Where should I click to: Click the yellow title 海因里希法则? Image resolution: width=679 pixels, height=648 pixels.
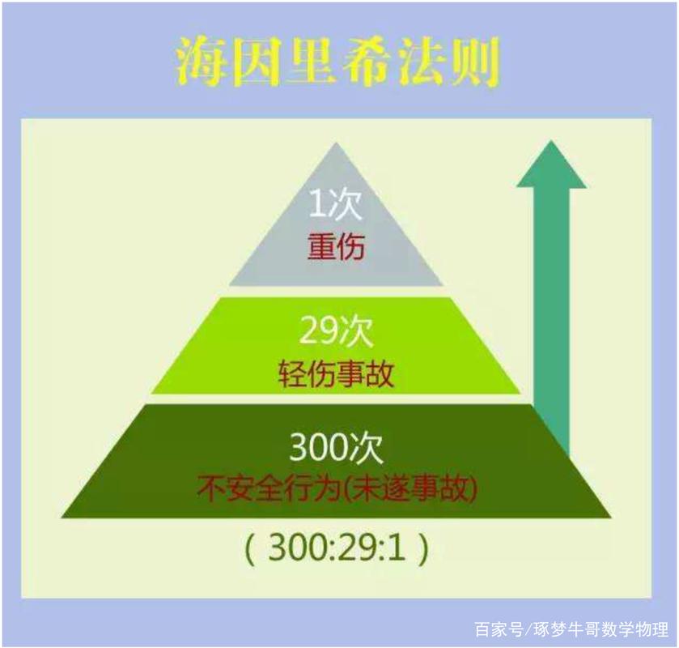coord(338,62)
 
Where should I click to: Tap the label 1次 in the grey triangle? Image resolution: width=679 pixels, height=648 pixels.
coord(335,204)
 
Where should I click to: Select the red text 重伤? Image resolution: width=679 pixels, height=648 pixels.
coord(336,247)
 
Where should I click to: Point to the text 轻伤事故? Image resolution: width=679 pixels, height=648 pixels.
coord(336,373)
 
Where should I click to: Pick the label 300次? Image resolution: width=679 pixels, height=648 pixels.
coord(336,448)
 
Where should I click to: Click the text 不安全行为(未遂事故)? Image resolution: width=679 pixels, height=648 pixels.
coord(337,489)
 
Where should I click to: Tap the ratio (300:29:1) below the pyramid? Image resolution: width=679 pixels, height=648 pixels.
coord(337,548)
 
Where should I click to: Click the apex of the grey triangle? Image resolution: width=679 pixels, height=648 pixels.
coord(336,143)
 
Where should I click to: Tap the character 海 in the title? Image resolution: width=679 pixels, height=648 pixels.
coord(202,62)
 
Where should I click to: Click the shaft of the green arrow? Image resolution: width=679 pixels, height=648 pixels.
coord(551,322)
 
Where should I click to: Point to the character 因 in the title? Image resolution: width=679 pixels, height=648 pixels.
coord(256,62)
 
